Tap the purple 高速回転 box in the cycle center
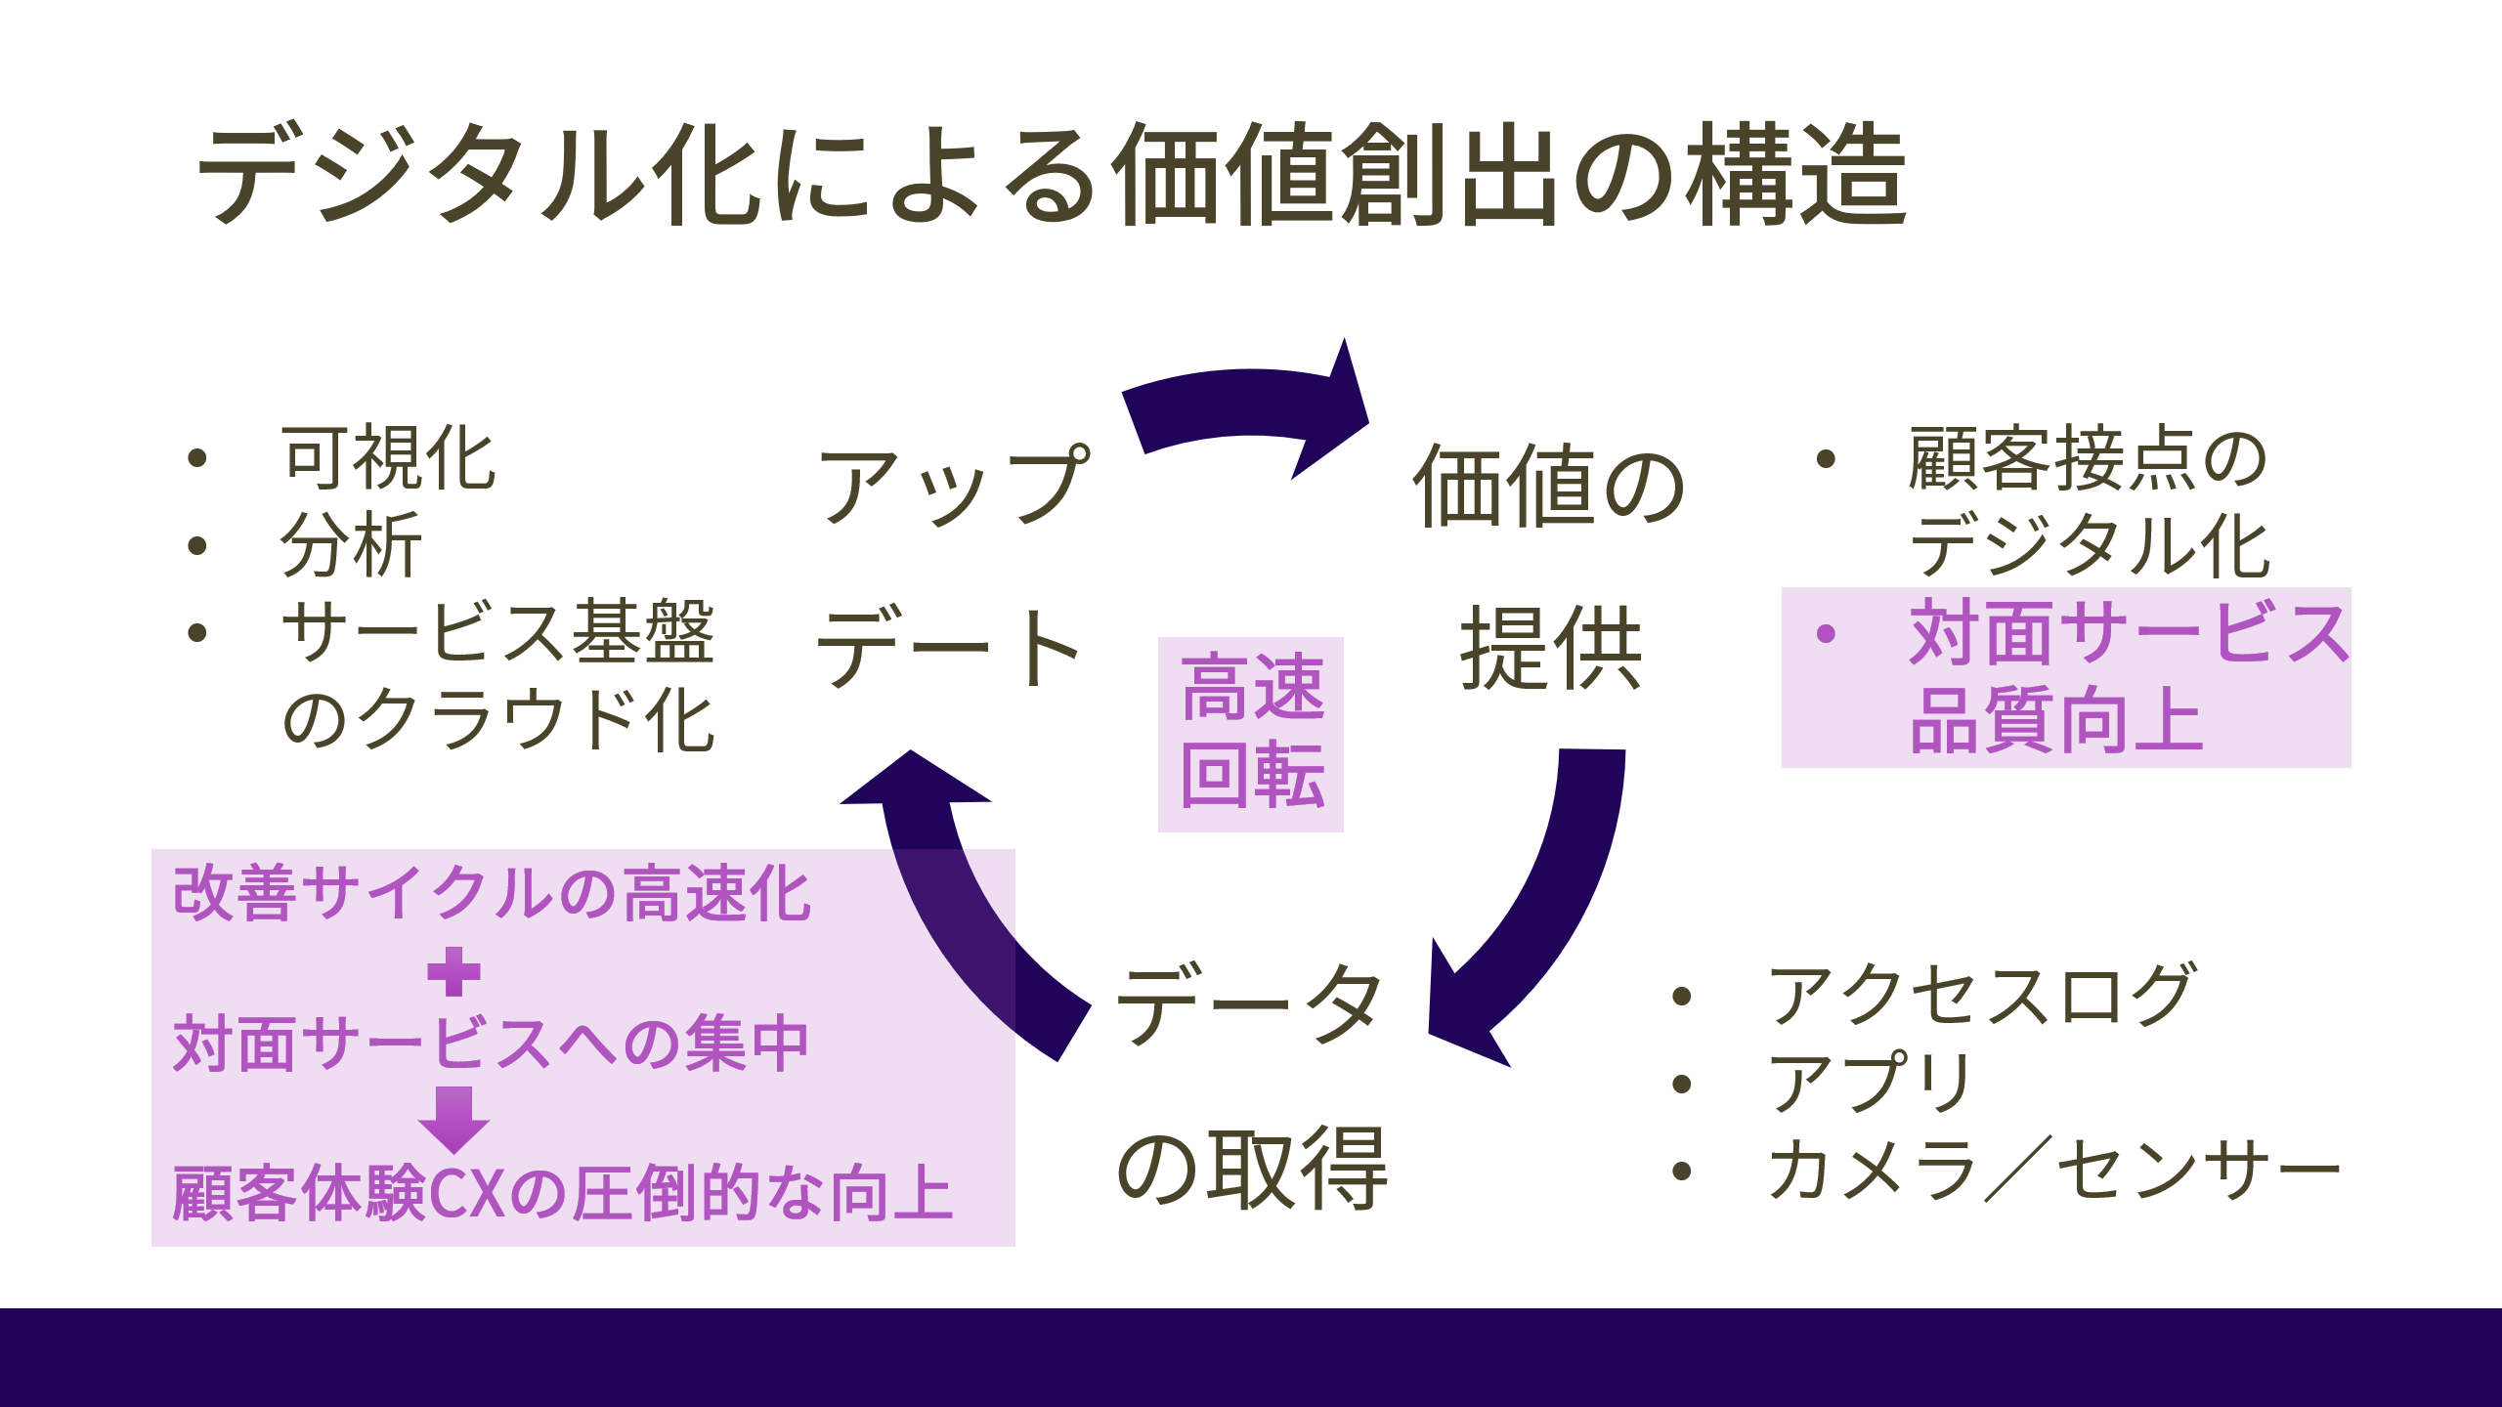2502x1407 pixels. tap(1251, 734)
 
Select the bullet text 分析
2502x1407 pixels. tap(352, 545)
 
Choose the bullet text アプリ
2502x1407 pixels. tap(1872, 1083)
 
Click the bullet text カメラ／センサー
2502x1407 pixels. tap(2052, 1171)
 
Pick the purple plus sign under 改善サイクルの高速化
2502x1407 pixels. tap(454, 971)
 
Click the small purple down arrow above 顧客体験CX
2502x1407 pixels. tap(454, 1119)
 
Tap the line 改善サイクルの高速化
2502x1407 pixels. tap(492, 894)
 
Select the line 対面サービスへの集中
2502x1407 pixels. tap(492, 1044)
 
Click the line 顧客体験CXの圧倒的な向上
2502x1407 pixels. tap(562, 1194)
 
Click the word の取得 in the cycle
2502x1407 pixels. tap(1251, 1168)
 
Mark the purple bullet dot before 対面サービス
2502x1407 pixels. tap(1826, 634)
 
